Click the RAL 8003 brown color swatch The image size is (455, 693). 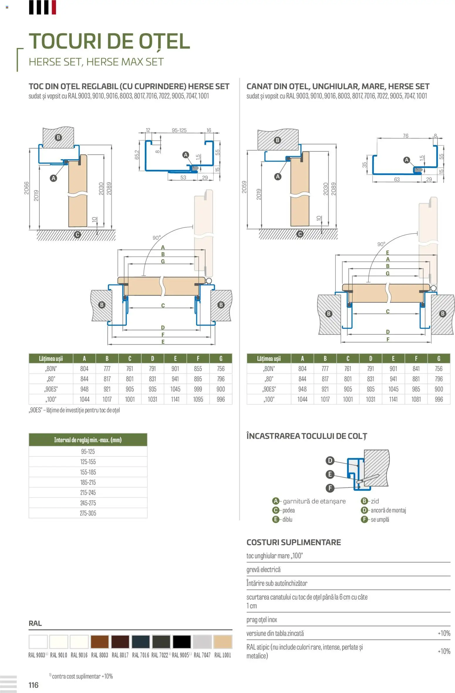[x=100, y=642]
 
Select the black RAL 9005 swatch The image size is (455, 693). [x=181, y=642]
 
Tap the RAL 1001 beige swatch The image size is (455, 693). [x=223, y=642]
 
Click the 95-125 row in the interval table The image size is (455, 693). [x=88, y=452]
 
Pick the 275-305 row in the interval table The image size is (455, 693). [x=88, y=513]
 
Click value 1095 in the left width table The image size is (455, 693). [x=198, y=400]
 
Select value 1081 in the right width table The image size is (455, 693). [x=416, y=400]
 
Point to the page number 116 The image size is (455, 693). [x=33, y=685]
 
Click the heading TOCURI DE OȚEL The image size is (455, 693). [x=109, y=41]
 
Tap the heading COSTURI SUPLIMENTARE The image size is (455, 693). [x=294, y=542]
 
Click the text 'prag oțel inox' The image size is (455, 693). [x=262, y=620]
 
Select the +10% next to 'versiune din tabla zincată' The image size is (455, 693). [x=444, y=633]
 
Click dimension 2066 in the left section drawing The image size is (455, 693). [x=27, y=188]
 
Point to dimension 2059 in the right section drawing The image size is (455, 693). [x=244, y=187]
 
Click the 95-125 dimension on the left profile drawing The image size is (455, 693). [x=179, y=130]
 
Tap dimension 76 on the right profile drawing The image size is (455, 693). [x=405, y=136]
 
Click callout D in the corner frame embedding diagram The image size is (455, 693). [x=330, y=460]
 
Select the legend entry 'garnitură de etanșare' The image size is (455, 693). [x=314, y=501]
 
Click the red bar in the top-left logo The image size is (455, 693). [x=54, y=7]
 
